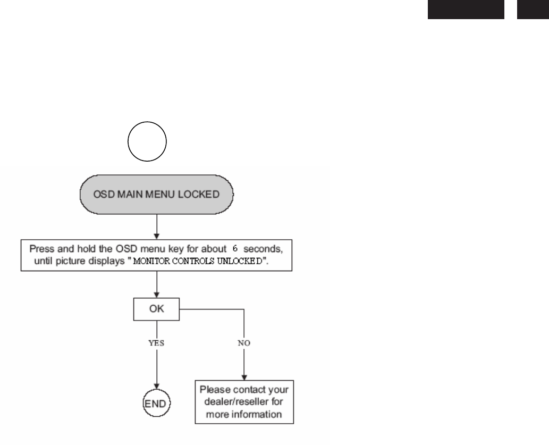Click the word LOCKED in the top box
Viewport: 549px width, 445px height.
click(201, 194)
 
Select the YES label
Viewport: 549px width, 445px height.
click(156, 343)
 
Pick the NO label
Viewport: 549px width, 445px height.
click(244, 343)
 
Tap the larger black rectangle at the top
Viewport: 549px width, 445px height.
click(466, 9)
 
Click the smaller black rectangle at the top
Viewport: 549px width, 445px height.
click(533, 9)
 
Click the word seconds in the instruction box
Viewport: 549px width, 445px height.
click(261, 249)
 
